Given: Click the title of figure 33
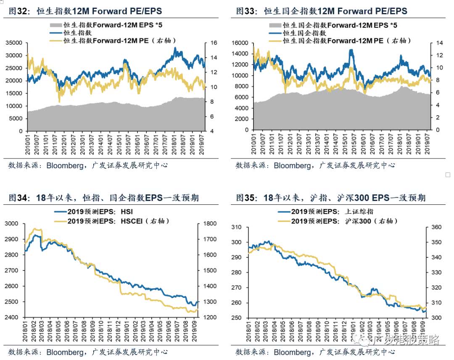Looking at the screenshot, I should coord(321,11).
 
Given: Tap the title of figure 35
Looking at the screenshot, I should coord(330,197).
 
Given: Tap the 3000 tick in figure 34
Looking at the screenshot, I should coord(15,223).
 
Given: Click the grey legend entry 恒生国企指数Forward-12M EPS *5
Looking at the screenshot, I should coord(340,25).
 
